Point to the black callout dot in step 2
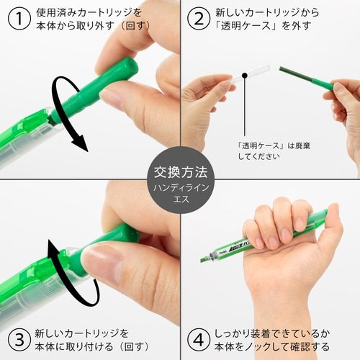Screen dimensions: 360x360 pos(245,74)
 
